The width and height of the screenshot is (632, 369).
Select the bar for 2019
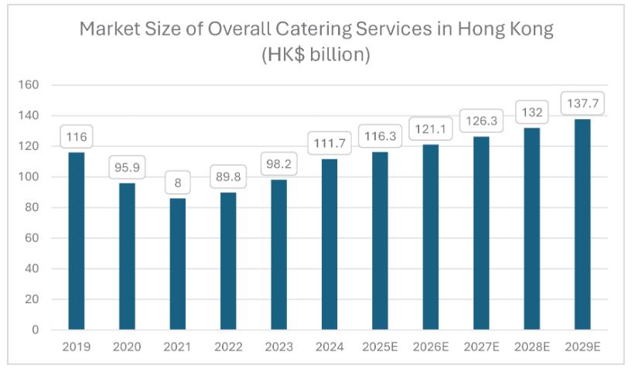point(77,241)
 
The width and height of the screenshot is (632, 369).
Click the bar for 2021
point(177,264)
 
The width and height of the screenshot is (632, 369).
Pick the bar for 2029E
point(582,224)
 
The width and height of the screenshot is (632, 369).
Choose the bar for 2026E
point(430,237)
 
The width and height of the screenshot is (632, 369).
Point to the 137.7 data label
point(582,103)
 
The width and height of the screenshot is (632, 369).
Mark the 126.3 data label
point(481,121)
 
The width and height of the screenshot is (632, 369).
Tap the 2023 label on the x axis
point(278,347)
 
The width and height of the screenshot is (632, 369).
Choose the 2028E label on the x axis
point(531,347)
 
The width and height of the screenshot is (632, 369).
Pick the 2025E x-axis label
point(380,347)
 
